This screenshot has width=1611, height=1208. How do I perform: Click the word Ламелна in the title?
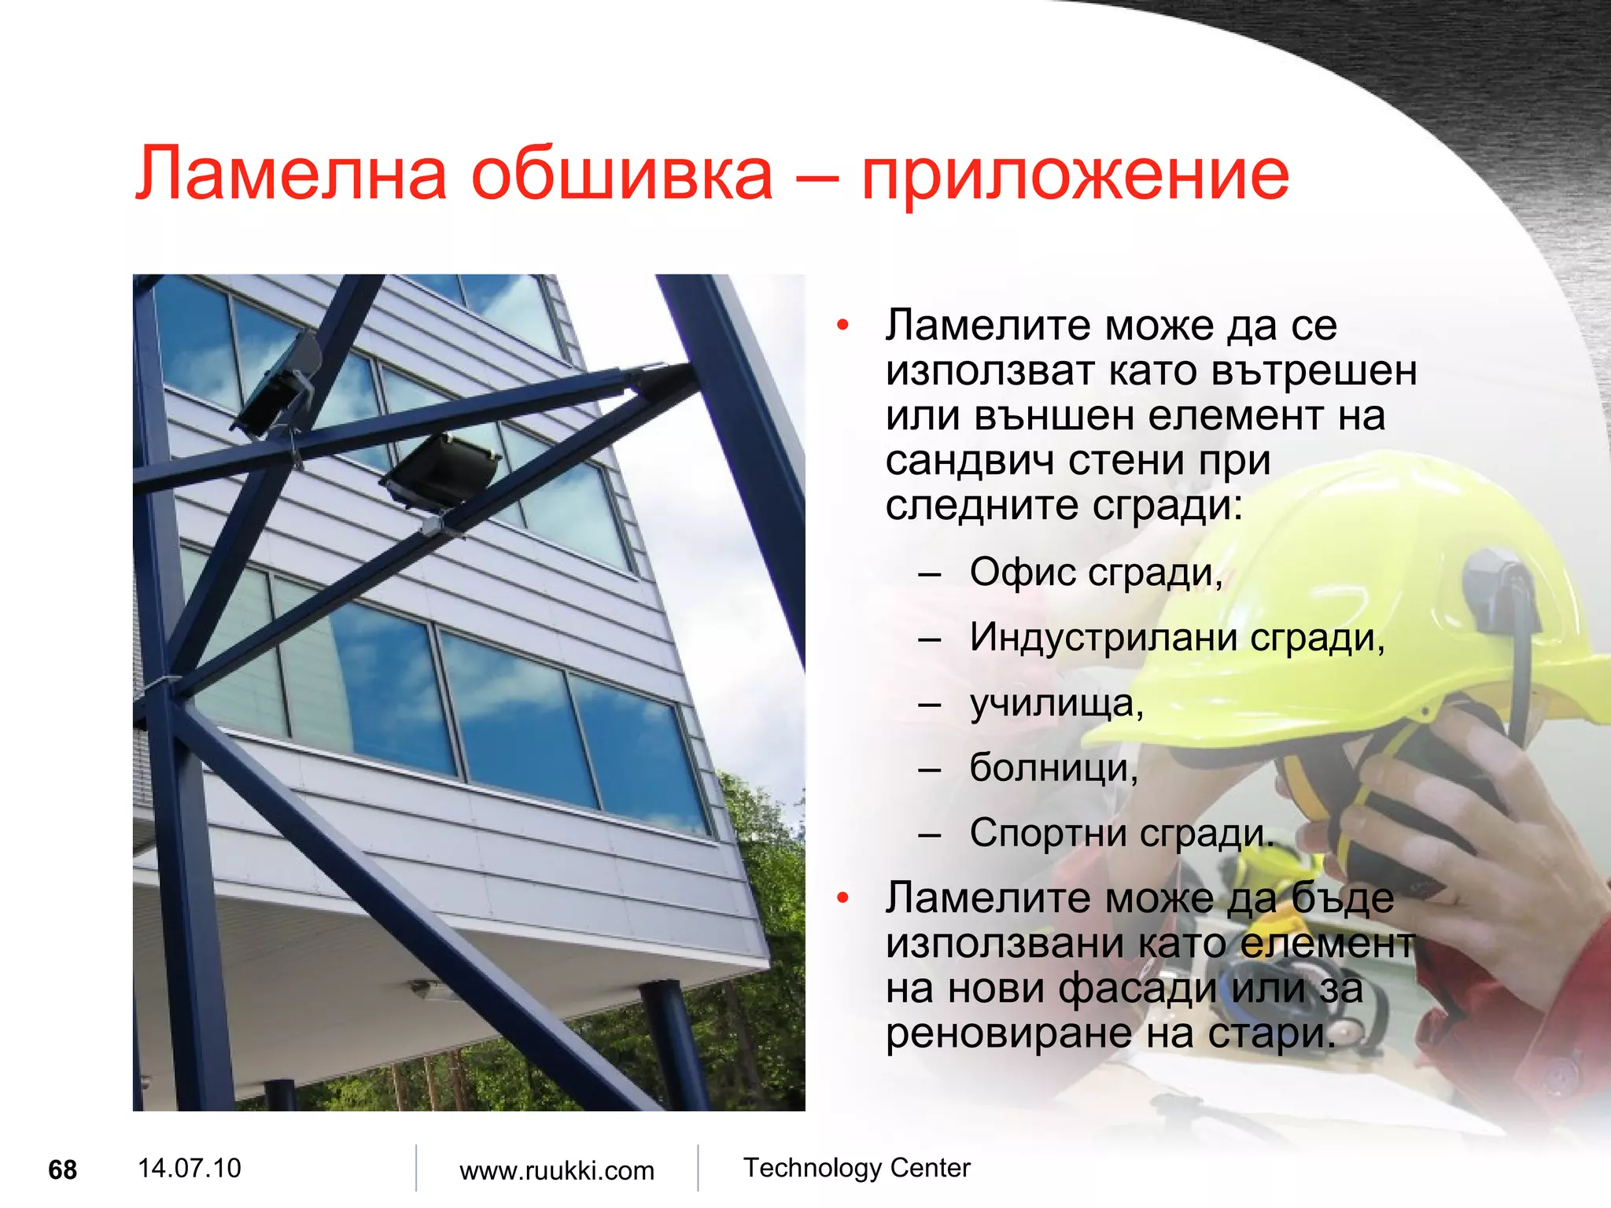click(x=291, y=175)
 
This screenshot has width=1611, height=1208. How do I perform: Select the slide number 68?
click(x=63, y=1170)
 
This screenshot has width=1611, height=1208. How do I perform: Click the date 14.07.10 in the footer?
click(x=189, y=1168)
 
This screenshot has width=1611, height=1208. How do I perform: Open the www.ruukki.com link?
click(x=557, y=1171)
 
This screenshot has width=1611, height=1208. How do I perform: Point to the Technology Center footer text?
click(x=857, y=1168)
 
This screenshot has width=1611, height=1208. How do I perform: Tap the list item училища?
click(x=1056, y=703)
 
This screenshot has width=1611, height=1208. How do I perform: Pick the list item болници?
click(x=1053, y=768)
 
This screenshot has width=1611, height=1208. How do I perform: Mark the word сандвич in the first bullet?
click(x=969, y=461)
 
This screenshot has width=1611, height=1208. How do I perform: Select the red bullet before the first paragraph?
click(x=843, y=326)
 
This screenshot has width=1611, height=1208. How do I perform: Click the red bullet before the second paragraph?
click(x=843, y=898)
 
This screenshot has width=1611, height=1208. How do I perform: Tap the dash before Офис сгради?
click(x=929, y=574)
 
